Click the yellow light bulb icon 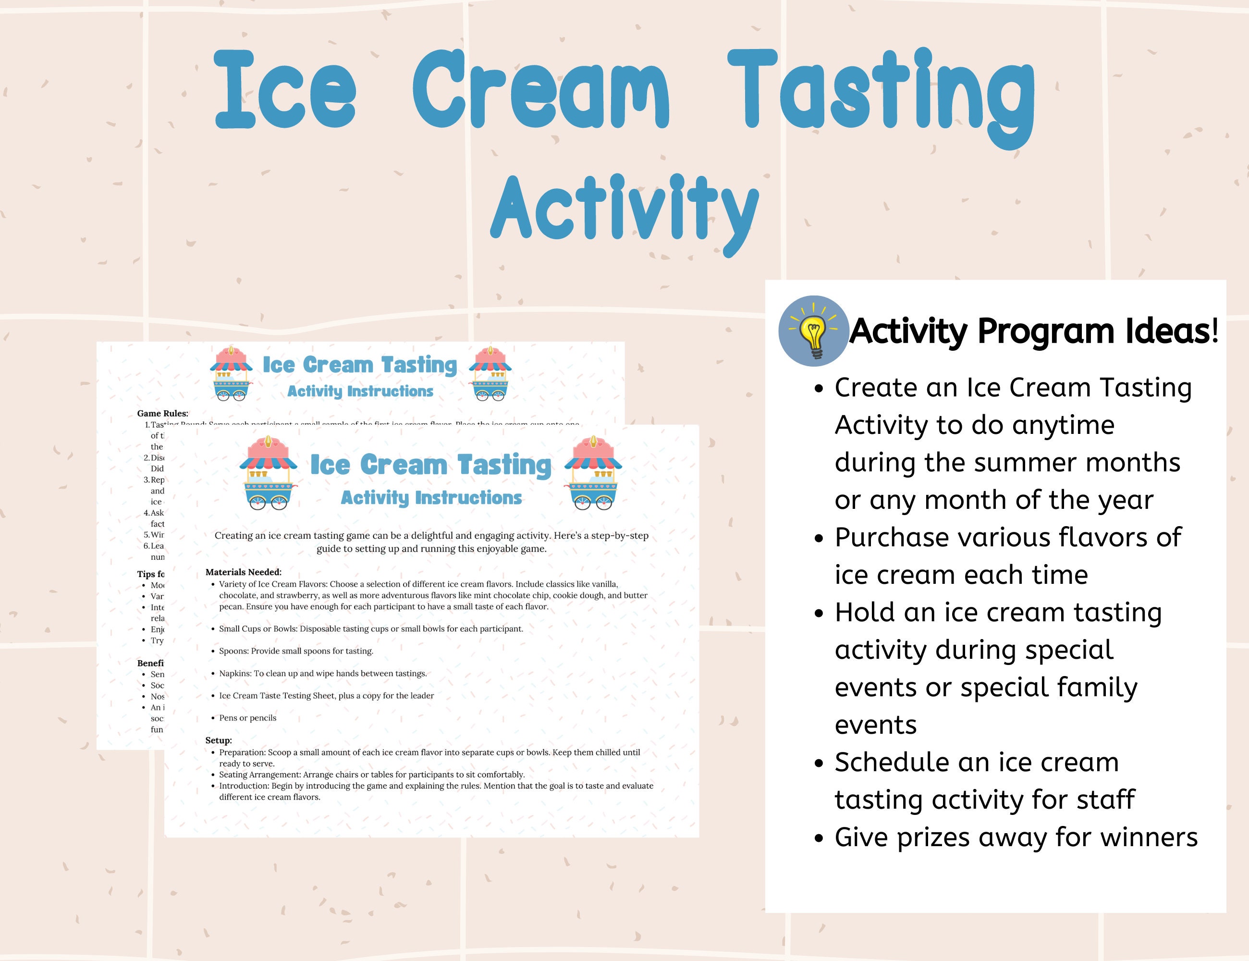[813, 331]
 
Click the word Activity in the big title [624, 209]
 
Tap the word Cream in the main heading [540, 90]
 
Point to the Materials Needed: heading [244, 571]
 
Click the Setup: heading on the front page [219, 740]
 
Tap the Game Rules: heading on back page [162, 413]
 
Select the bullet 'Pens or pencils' [247, 718]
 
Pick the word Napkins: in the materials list [235, 673]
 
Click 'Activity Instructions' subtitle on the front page [431, 498]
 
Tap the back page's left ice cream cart [231, 373]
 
